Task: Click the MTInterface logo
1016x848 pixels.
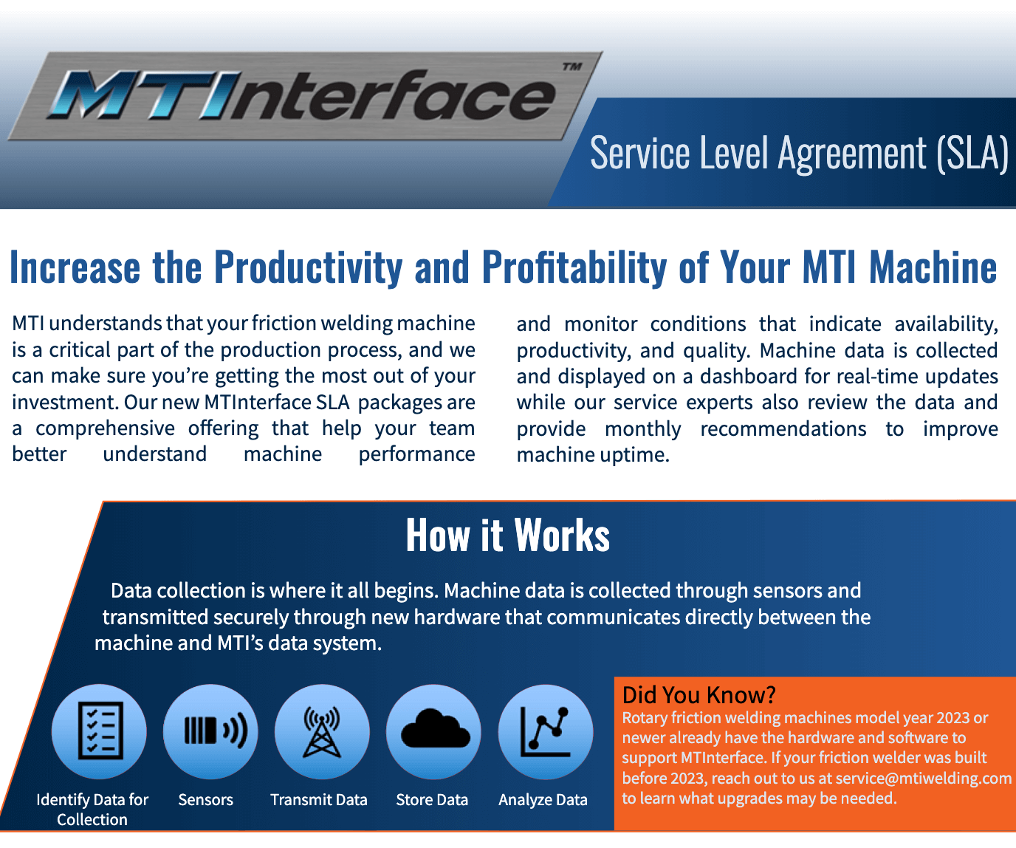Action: [x=304, y=96]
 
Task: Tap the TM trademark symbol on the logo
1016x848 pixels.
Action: [x=572, y=66]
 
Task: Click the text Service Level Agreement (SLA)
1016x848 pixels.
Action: [x=799, y=154]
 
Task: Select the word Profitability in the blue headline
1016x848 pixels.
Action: [x=574, y=267]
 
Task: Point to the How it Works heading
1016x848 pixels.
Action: [x=507, y=535]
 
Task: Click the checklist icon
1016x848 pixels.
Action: [x=100, y=731]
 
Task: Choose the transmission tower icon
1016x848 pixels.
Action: [x=322, y=731]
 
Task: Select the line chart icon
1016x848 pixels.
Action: [x=545, y=731]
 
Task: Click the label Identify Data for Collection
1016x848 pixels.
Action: [x=92, y=810]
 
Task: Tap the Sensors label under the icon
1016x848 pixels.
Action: [x=205, y=800]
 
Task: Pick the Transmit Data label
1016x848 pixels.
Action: [x=319, y=800]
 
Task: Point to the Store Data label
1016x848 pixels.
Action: [x=432, y=800]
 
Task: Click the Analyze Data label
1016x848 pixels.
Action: [x=543, y=800]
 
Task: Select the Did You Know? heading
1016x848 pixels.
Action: [x=698, y=695]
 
